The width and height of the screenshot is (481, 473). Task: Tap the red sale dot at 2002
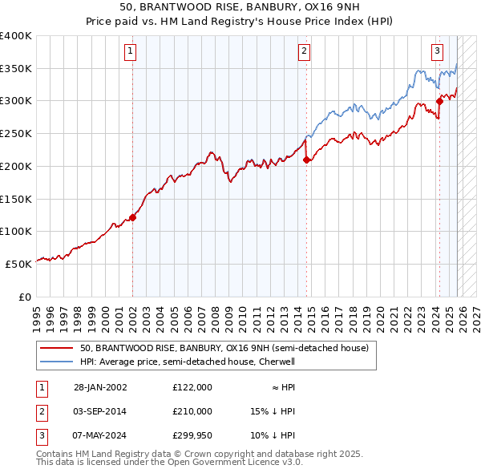[133, 216]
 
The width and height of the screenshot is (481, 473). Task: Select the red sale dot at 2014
[306, 160]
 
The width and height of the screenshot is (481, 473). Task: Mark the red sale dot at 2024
[439, 101]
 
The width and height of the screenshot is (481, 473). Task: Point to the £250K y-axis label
[16, 133]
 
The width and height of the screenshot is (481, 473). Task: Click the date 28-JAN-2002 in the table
[100, 387]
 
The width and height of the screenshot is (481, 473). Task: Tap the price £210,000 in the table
[192, 411]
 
